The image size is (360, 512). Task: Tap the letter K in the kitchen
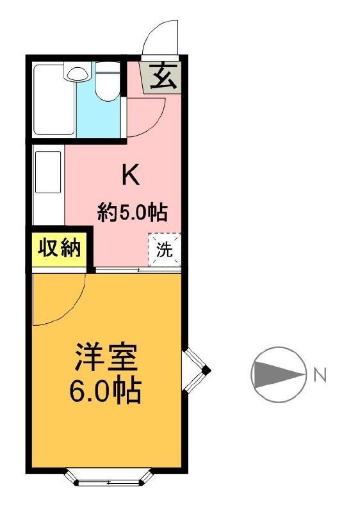[x=131, y=175]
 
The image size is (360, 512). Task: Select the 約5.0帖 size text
[x=133, y=212]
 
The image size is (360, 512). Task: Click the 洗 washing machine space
[x=165, y=250]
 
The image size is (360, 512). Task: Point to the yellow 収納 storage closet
[x=59, y=249]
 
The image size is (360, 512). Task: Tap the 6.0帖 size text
[x=105, y=390]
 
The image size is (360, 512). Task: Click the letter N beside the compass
[x=320, y=375]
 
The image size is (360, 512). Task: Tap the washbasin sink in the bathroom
[x=78, y=74]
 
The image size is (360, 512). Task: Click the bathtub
[x=54, y=100]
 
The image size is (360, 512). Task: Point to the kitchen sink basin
[x=48, y=172]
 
